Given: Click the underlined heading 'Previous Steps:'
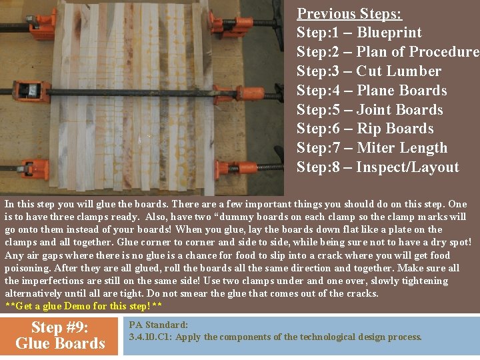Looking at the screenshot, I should (x=349, y=13).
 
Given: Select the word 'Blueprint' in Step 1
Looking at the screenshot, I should (x=389, y=33).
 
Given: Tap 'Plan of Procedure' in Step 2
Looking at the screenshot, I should (x=418, y=52).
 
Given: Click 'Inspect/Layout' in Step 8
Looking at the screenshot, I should (x=407, y=167).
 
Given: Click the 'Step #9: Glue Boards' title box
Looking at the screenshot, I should (x=60, y=335).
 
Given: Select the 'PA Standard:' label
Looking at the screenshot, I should (x=159, y=325).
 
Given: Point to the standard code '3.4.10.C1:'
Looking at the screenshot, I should (x=151, y=337).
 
